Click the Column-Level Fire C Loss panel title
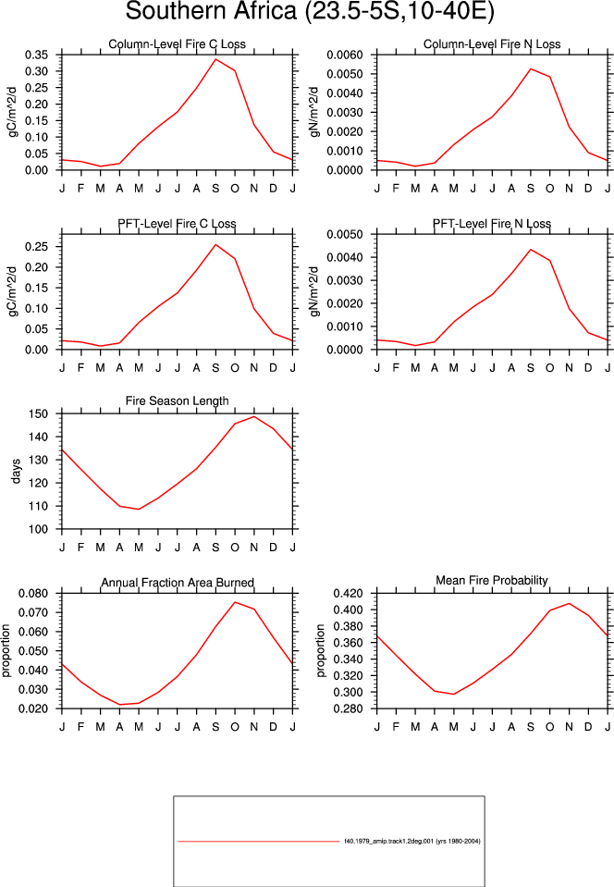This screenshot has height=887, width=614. tap(177, 44)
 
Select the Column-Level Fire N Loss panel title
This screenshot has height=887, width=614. tap(492, 44)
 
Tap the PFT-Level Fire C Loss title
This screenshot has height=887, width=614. tap(177, 224)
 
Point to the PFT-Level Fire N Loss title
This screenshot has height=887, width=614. tap(492, 224)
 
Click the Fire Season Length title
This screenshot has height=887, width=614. tap(177, 401)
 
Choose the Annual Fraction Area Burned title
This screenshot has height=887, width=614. tap(177, 583)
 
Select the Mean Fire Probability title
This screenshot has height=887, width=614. tap(492, 581)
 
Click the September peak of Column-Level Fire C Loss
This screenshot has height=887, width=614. tap(215, 59)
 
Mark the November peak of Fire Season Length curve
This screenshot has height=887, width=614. tap(254, 416)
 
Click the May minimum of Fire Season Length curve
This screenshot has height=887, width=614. tap(139, 509)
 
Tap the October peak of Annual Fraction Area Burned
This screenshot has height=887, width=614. tap(235, 602)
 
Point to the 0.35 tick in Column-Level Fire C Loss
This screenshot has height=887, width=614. tap(36, 55)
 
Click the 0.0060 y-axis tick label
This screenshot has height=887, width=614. tap(344, 55)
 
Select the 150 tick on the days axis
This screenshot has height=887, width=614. tap(39, 413)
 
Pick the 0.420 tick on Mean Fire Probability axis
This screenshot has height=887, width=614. tap(348, 593)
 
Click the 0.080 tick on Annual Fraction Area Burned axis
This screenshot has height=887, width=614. tap(33, 593)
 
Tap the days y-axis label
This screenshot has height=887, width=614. tap(16, 471)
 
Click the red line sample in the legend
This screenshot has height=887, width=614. tap(258, 841)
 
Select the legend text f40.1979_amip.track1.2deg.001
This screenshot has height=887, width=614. tap(389, 841)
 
